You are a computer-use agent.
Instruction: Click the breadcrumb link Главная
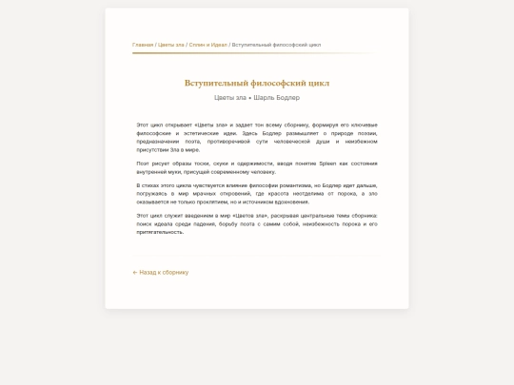tap(143, 45)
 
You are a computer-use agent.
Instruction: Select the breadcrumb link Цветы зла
tap(171, 45)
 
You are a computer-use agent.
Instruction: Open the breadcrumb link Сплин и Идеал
tap(208, 45)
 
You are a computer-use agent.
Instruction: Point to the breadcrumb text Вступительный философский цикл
tap(276, 45)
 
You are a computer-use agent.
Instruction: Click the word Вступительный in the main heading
tap(217, 83)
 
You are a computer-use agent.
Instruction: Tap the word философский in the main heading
tap(279, 83)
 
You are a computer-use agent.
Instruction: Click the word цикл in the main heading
tap(320, 83)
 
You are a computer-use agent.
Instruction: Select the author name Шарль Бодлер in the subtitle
tap(277, 98)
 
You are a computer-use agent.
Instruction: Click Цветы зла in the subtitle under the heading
tap(230, 98)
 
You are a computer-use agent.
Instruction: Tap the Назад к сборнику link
tap(164, 272)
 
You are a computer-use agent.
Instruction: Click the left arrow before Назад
tap(135, 272)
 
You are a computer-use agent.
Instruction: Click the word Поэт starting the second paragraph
tap(143, 164)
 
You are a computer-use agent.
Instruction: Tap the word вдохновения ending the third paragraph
tap(292, 202)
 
